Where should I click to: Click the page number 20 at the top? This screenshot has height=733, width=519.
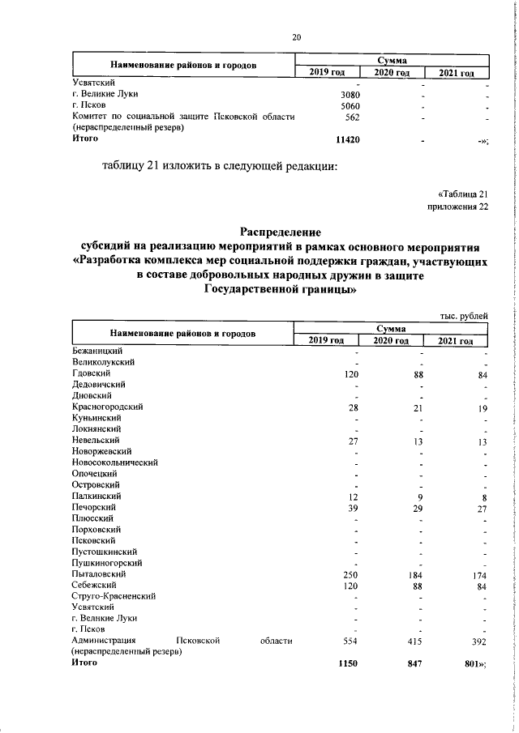click(297, 36)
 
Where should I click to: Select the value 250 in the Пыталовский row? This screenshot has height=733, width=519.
click(350, 529)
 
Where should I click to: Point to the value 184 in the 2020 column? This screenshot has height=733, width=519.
click(414, 529)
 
